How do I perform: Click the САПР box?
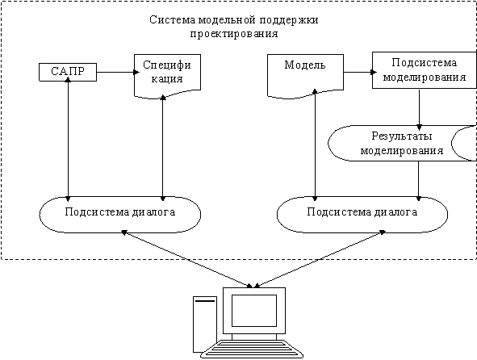[68, 72]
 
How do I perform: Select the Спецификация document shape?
[167, 76]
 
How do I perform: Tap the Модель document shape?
[305, 76]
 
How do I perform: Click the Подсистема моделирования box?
[425, 70]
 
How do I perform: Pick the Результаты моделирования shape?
[402, 143]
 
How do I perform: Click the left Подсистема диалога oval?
[120, 215]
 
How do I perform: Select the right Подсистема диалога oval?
[362, 215]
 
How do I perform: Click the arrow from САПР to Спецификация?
[118, 72]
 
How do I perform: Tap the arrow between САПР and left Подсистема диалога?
[68, 140]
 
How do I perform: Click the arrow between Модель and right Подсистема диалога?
[315, 145]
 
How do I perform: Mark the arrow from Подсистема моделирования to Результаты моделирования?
[420, 109]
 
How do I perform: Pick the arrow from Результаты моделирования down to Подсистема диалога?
[419, 181]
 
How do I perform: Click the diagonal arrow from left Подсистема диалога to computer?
[187, 259]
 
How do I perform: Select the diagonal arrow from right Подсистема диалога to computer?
[320, 259]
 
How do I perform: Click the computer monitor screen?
[254, 311]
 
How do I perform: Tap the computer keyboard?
[252, 349]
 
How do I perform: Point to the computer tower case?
[205, 324]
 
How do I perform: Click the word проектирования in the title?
[234, 33]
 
